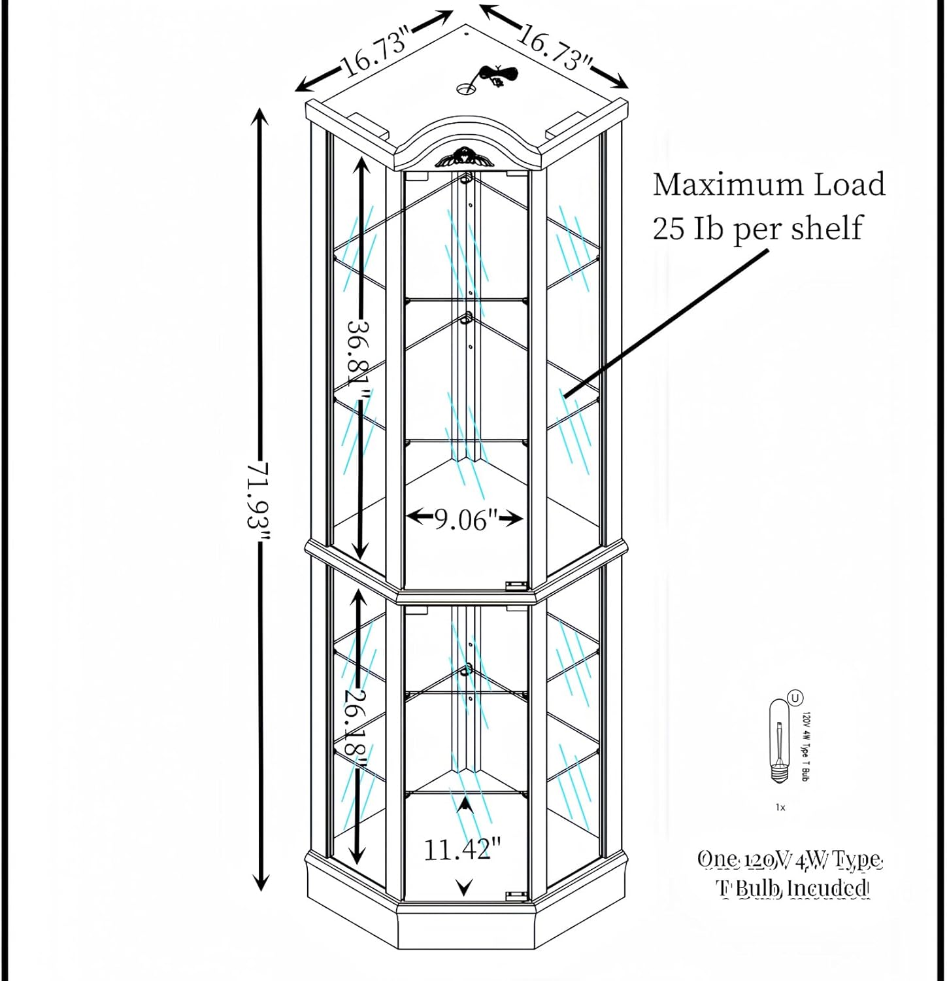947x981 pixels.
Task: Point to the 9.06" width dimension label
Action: coord(463,519)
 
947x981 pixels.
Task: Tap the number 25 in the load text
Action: coord(668,228)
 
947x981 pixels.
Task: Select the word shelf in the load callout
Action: coord(826,228)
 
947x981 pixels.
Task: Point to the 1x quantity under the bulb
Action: coord(780,808)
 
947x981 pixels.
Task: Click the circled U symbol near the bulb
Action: coord(795,698)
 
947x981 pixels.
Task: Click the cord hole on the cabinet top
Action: coord(467,88)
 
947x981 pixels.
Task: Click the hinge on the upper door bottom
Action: coord(516,585)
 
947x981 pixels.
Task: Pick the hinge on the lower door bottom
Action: coord(516,894)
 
